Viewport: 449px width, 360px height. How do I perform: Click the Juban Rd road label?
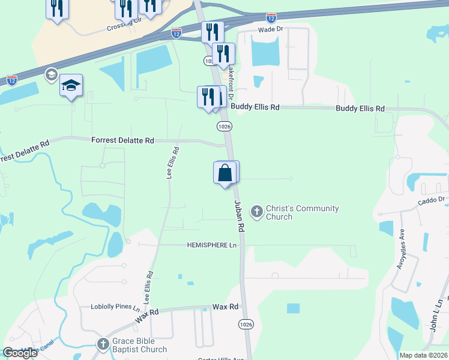238,217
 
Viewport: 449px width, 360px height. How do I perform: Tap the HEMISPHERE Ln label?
212,245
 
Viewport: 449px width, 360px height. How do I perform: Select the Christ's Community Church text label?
302,212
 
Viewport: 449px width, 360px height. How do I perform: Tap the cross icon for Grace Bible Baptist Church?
101,344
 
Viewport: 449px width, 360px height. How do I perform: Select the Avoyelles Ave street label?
400,248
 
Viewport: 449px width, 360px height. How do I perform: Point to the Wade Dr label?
270,29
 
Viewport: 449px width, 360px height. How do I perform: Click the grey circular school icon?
51,74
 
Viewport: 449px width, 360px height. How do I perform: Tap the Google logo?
20,353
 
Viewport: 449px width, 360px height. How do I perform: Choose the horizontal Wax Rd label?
226,307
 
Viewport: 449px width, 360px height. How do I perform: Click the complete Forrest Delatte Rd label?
122,140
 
